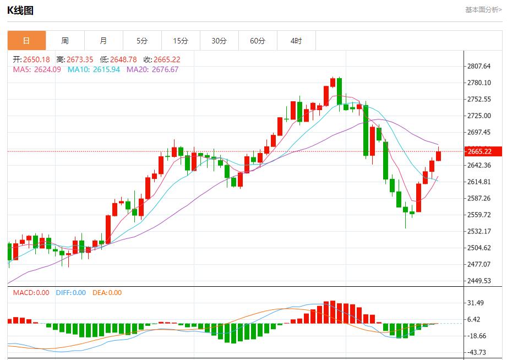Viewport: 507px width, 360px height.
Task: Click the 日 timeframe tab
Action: click(26, 41)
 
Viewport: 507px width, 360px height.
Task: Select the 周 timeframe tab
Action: click(65, 41)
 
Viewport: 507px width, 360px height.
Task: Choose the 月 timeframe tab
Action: click(103, 41)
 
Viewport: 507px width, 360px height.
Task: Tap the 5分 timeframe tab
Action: click(142, 41)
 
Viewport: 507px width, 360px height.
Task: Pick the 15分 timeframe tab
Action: click(181, 41)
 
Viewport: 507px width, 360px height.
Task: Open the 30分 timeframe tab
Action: click(219, 41)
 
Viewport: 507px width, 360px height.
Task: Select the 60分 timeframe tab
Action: click(258, 41)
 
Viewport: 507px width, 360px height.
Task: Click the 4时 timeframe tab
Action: click(296, 41)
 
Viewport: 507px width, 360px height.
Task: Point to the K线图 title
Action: click(20, 10)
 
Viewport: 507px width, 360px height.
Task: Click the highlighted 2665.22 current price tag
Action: click(478, 151)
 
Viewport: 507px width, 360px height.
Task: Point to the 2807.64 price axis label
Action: click(478, 66)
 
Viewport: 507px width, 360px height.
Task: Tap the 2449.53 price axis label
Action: click(478, 281)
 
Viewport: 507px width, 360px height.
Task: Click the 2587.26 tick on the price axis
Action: click(478, 198)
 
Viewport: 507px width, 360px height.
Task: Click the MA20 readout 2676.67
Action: click(163, 69)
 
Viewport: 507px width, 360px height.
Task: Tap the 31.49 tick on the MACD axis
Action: click(475, 303)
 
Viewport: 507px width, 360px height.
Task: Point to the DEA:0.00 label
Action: click(107, 293)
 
